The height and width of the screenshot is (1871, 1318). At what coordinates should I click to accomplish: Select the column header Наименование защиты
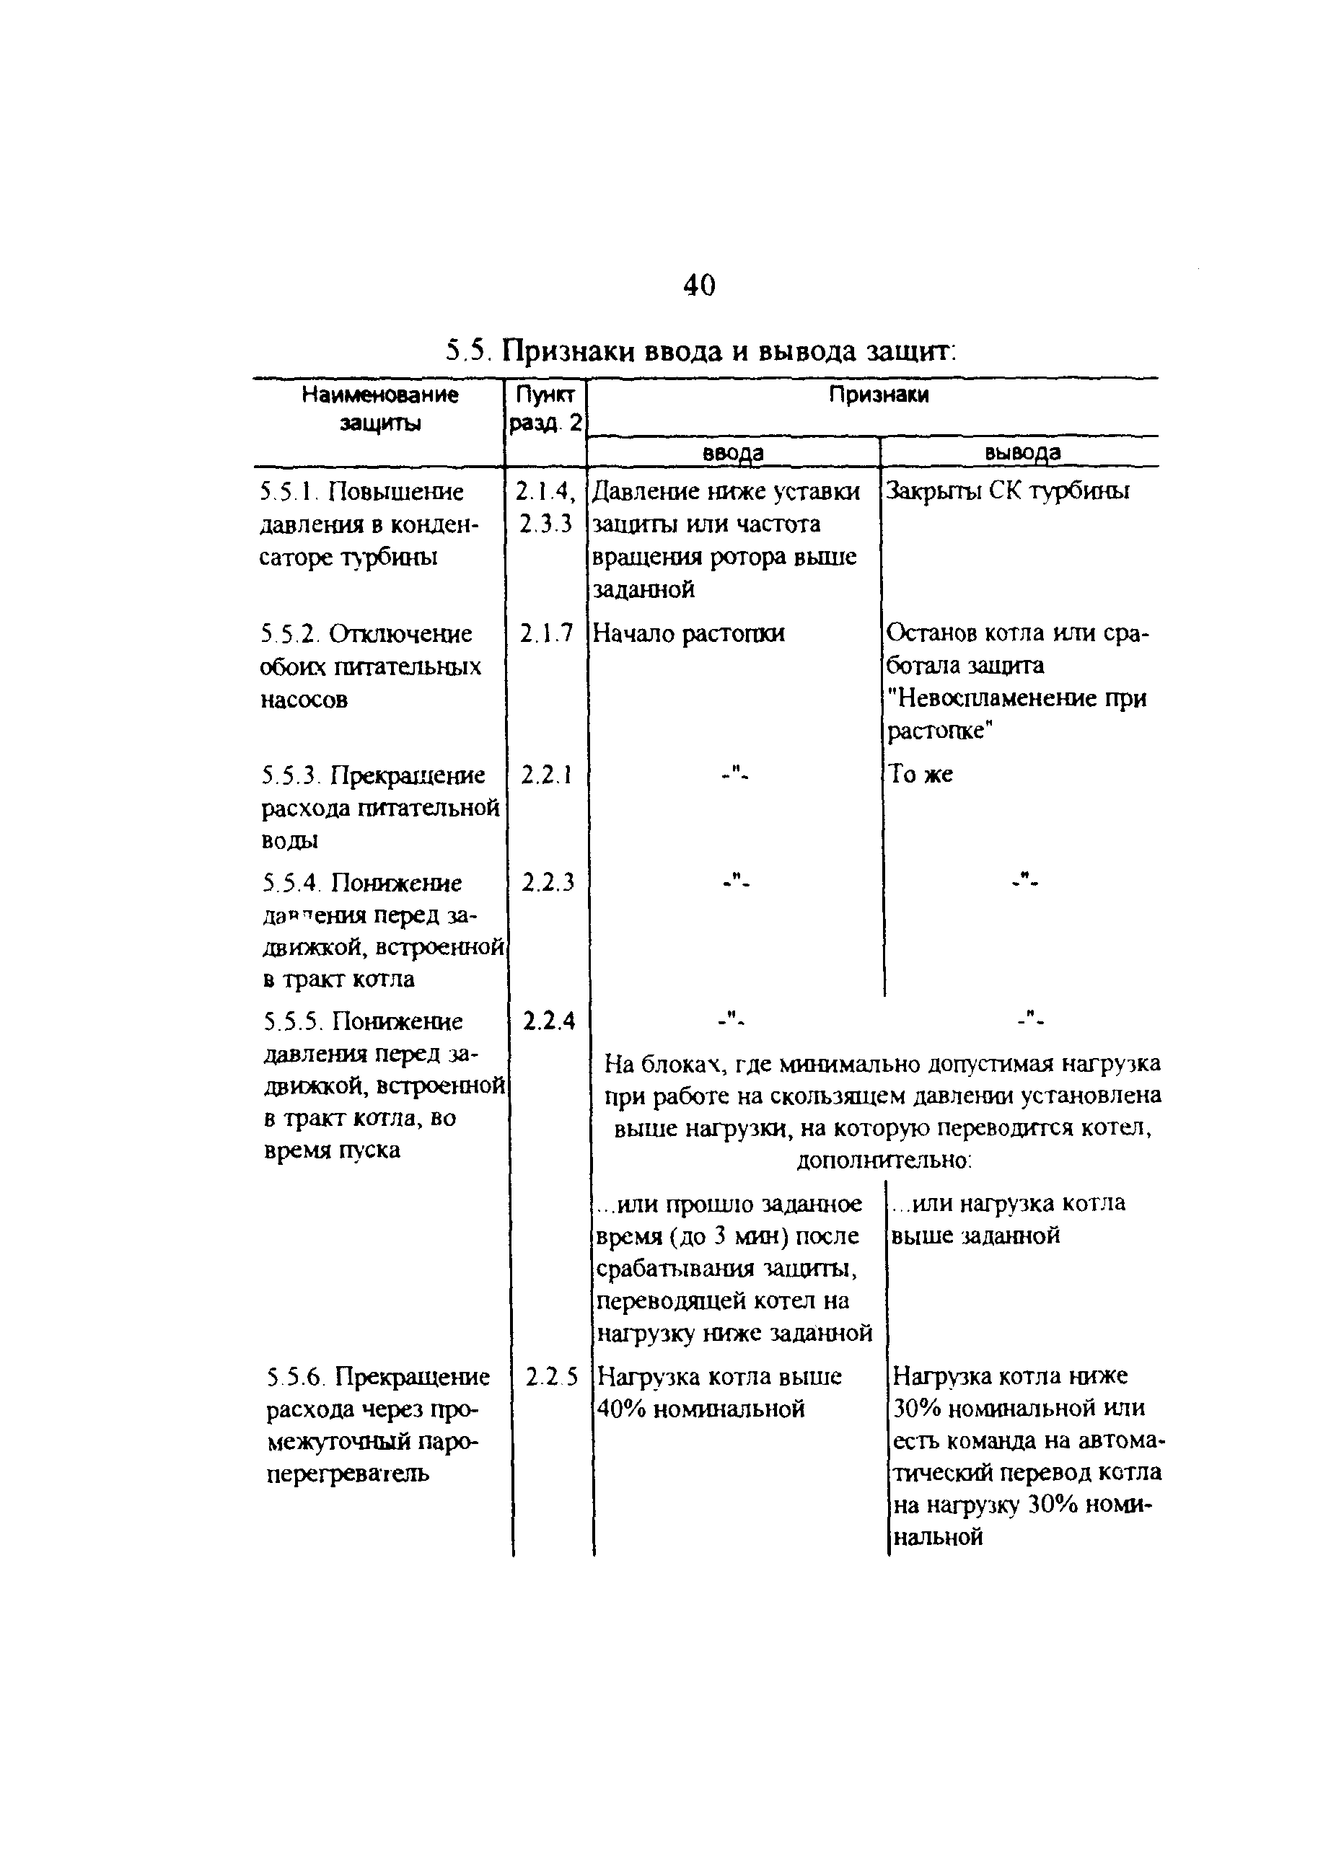(x=380, y=408)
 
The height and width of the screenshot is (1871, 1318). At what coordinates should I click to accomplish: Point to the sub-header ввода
(x=733, y=452)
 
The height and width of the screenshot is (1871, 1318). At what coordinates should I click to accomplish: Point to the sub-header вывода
(x=1022, y=452)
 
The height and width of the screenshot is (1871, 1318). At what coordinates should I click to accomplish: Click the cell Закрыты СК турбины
(x=1009, y=491)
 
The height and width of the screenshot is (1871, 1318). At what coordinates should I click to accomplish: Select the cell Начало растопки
(x=688, y=633)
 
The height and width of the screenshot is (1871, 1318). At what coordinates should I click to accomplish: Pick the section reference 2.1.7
(x=546, y=633)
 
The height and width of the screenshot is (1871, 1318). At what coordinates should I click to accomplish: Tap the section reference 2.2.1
(x=546, y=775)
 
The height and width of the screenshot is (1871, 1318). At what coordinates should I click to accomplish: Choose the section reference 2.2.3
(x=547, y=881)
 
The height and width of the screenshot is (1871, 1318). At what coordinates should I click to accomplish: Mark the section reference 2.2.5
(x=551, y=1377)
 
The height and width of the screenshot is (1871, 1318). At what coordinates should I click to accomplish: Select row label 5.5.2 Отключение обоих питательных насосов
(x=371, y=666)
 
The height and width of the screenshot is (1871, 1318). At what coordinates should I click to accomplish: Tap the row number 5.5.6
(x=296, y=1377)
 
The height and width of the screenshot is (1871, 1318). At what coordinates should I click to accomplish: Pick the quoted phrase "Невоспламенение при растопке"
(x=1016, y=715)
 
